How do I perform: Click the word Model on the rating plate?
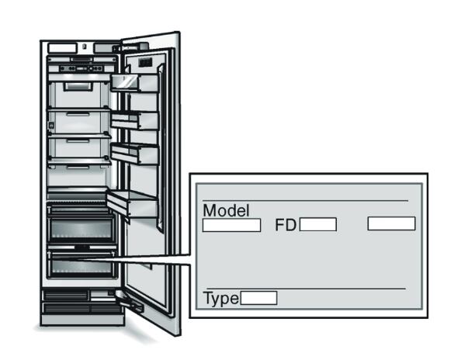[x=227, y=211]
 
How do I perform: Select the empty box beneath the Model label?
[x=231, y=225]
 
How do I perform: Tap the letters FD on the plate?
[x=286, y=226]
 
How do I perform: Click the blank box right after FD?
[x=318, y=225]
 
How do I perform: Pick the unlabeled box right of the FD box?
[x=391, y=223]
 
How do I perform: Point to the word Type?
[x=220, y=298]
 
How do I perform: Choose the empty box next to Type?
[x=258, y=298]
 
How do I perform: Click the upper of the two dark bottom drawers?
[x=81, y=230]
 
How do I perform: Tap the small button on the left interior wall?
[x=50, y=124]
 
